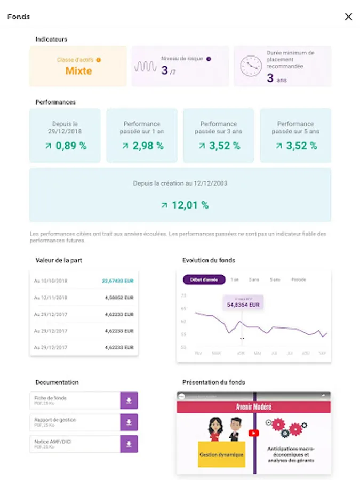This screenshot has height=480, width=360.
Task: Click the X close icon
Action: click(348, 17)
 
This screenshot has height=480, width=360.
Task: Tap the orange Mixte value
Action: click(78, 70)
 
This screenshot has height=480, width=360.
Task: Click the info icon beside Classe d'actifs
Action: click(99, 60)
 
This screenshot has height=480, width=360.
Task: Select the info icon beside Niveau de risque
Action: click(209, 59)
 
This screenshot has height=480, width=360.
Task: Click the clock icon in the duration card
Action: click(250, 66)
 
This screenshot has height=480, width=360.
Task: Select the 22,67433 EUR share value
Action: click(118, 281)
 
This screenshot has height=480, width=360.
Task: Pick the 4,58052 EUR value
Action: click(119, 298)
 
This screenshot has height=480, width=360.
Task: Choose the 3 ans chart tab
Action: click(254, 279)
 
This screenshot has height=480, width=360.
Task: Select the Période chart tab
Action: click(299, 279)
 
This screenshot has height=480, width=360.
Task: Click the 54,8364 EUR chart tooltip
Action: click(243, 305)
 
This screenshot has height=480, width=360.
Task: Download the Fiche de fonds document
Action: click(129, 401)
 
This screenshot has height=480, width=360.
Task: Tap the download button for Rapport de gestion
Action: click(129, 422)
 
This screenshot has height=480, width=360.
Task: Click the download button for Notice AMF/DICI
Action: click(129, 444)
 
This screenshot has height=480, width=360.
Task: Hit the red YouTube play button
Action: click(254, 433)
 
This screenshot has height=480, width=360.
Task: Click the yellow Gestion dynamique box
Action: click(221, 454)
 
